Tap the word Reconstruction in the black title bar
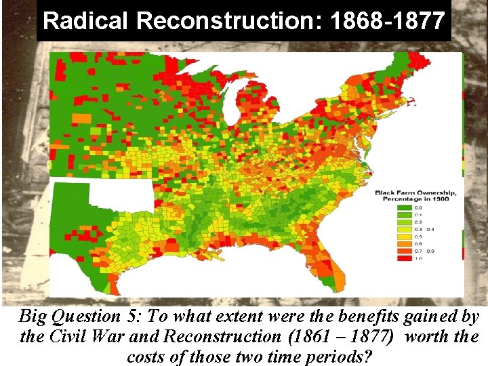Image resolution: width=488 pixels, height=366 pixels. [x=230, y=21]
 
